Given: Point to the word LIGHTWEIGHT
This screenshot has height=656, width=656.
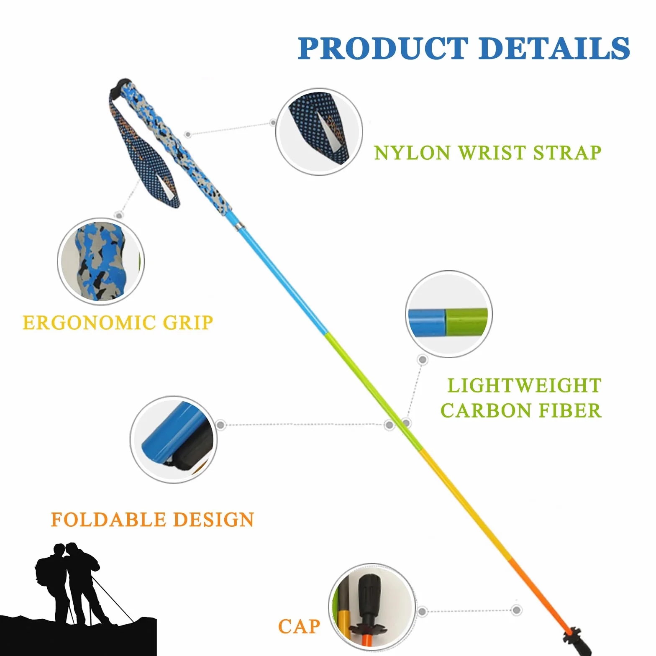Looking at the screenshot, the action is [524, 386].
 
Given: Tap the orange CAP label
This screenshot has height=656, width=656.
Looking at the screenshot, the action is [299, 627].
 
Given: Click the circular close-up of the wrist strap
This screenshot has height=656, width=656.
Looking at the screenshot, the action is [319, 131].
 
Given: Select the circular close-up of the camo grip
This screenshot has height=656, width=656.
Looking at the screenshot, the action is [101, 261].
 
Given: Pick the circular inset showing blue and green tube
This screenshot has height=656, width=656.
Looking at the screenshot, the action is [449, 314].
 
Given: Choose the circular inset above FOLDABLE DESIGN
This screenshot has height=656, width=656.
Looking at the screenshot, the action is [173, 439].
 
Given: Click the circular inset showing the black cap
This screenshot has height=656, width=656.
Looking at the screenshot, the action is [372, 607].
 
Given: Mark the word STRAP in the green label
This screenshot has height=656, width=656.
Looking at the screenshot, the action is [567, 153].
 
